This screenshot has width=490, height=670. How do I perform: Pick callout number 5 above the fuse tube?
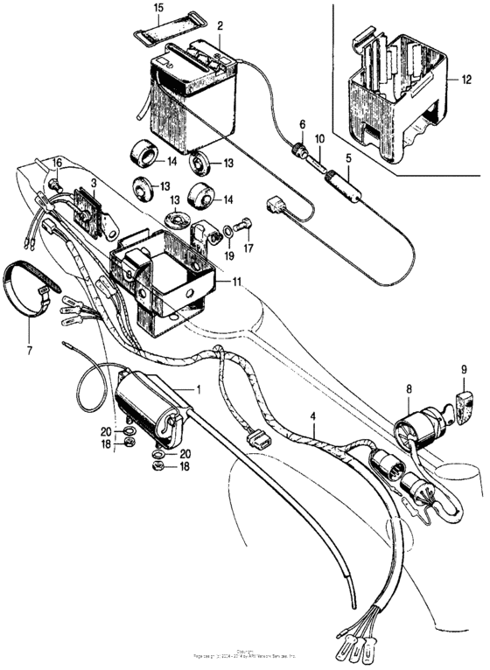347,158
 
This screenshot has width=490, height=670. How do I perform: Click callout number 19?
228,257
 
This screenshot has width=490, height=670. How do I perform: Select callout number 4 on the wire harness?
314,429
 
